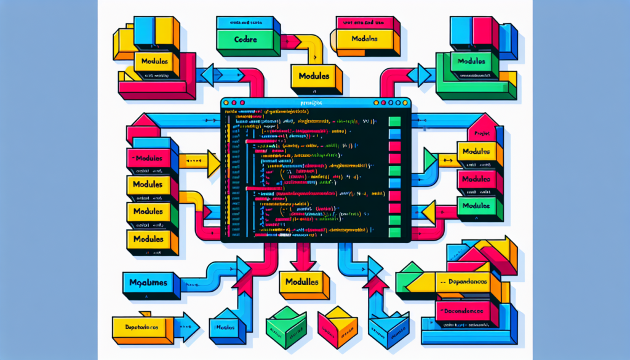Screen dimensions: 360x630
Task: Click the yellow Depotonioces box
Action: click(141, 327)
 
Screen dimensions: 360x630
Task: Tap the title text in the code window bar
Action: click(308, 102)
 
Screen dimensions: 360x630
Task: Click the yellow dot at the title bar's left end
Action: click(226, 102)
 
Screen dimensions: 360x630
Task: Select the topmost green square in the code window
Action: click(395, 121)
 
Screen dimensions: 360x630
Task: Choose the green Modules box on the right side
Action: click(477, 206)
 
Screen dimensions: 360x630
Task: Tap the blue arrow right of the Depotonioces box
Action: click(186, 327)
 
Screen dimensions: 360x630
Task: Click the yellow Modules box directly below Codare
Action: click(314, 77)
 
